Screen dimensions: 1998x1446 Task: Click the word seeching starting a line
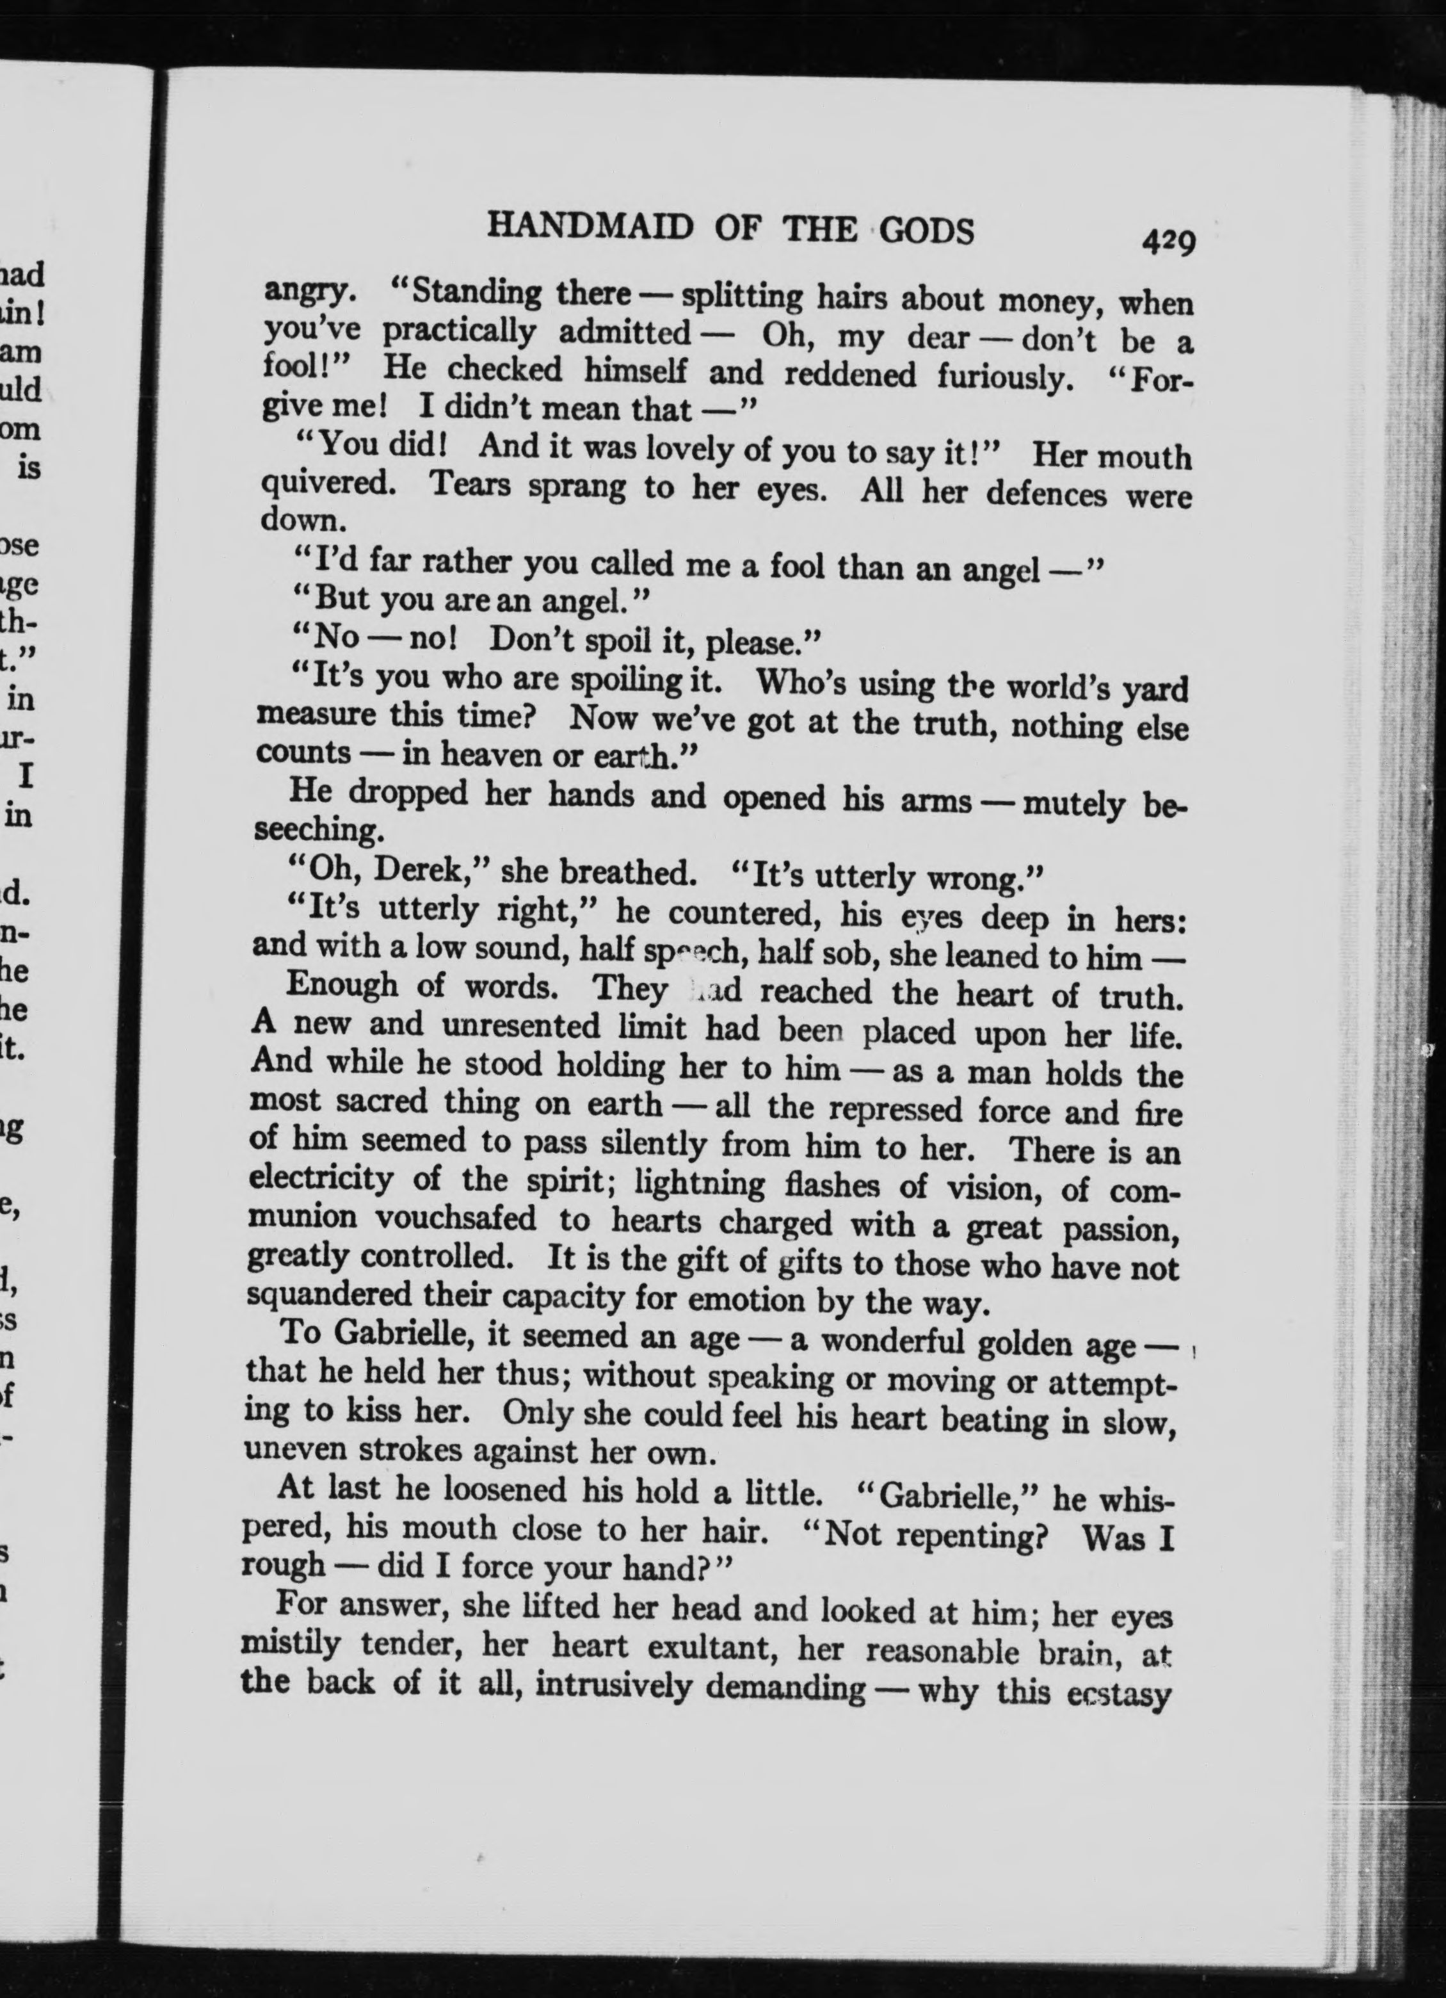(x=319, y=830)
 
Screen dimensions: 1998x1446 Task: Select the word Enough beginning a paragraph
(x=342, y=984)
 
